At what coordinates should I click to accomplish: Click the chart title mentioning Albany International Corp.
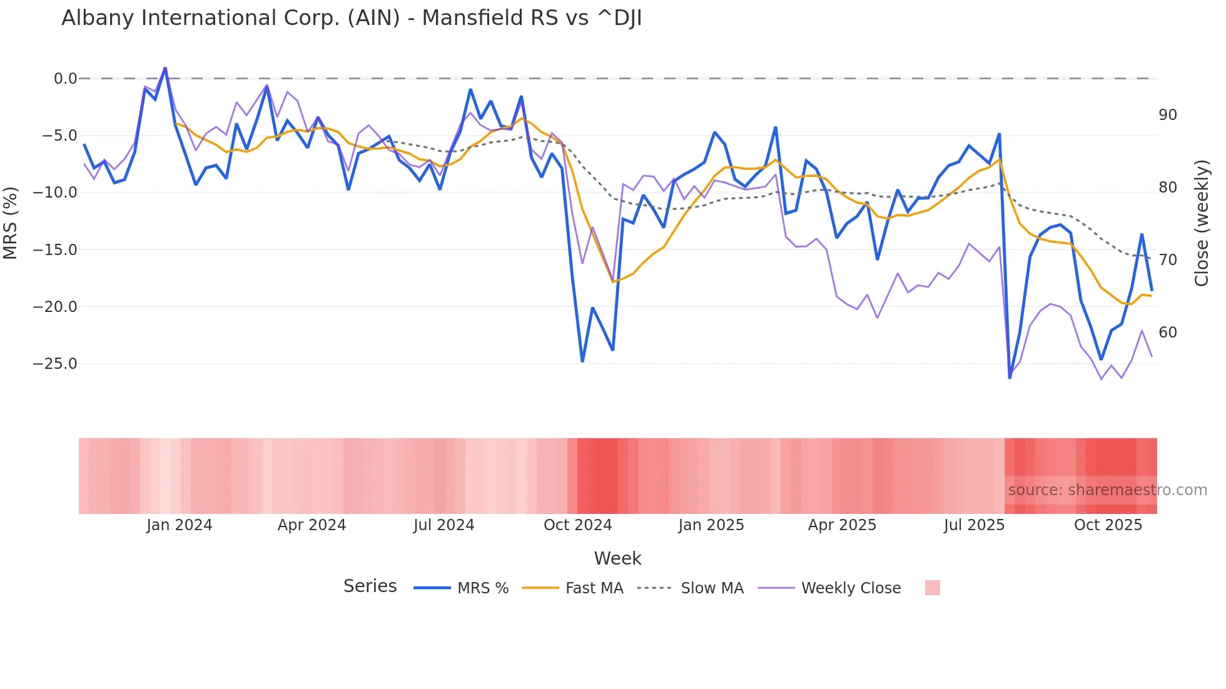coord(352,18)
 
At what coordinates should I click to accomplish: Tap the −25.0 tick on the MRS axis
coord(55,364)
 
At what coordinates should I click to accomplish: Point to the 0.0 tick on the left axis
coord(65,79)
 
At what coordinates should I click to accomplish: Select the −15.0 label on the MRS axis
coord(55,250)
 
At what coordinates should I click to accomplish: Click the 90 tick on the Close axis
coord(1167,115)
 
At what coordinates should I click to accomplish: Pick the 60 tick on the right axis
coord(1167,333)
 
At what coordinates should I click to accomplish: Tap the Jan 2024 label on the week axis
coord(180,525)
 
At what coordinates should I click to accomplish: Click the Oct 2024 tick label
coord(577,525)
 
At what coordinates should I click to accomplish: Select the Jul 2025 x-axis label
coord(974,525)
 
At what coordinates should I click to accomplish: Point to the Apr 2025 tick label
coord(842,525)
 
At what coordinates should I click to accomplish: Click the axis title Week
coord(617,558)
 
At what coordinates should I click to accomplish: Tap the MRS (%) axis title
coord(11,223)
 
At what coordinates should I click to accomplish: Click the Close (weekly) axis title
coord(1202,223)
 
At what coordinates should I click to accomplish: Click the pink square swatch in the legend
coord(932,588)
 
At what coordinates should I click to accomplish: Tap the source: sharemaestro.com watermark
coord(1107,490)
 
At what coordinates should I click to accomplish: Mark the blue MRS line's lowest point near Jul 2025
coord(1010,378)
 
